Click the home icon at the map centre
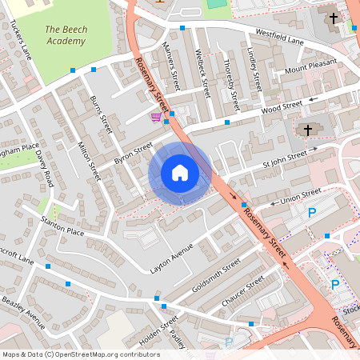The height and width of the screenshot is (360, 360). coord(180,173)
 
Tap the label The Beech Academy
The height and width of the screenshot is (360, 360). coord(66,34)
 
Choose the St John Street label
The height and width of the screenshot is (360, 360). coord(285,157)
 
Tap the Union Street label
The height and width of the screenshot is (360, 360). coord(301,194)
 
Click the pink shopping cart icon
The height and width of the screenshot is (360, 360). coord(155,118)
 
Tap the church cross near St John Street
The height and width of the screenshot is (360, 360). coord(308,130)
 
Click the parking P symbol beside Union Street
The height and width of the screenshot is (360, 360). coord(312,213)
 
